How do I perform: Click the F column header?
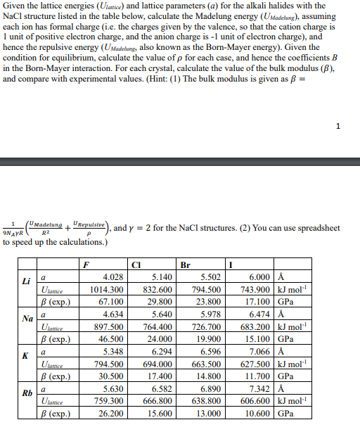84,266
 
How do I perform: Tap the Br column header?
186,266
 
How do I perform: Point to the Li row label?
27,282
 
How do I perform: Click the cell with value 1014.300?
108,289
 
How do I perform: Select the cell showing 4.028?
113,277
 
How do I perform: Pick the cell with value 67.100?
112,302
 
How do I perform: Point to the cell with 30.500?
112,376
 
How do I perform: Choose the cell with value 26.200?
112,412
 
